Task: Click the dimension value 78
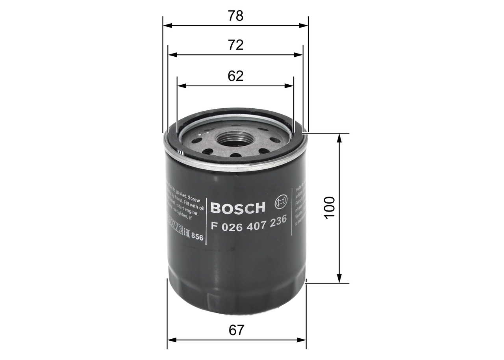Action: tap(235, 16)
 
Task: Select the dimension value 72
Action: tap(235, 45)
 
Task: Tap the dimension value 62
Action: tap(235, 76)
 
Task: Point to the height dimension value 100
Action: tap(330, 208)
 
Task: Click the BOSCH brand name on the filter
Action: tap(238, 208)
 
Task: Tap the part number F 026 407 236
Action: tap(248, 224)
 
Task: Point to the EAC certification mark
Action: tap(186, 235)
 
